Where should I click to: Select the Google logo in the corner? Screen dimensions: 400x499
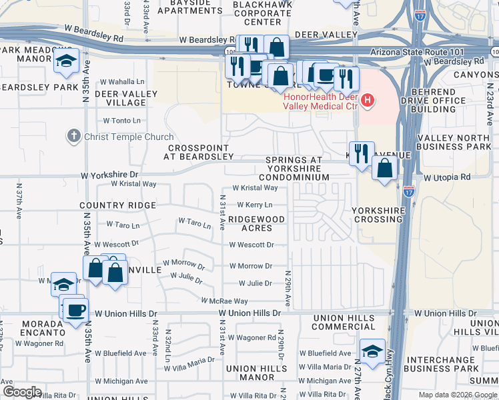click(22, 391)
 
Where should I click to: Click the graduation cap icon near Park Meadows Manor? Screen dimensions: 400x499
click(66, 62)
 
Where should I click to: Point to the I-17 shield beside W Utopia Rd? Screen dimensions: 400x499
click(409, 190)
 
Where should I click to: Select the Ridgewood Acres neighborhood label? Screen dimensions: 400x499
click(256, 223)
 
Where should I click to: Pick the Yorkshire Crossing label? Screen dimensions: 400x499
click(378, 214)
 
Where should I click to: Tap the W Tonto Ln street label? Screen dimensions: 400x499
click(121, 121)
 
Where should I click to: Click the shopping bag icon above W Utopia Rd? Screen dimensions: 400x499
click(385, 169)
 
